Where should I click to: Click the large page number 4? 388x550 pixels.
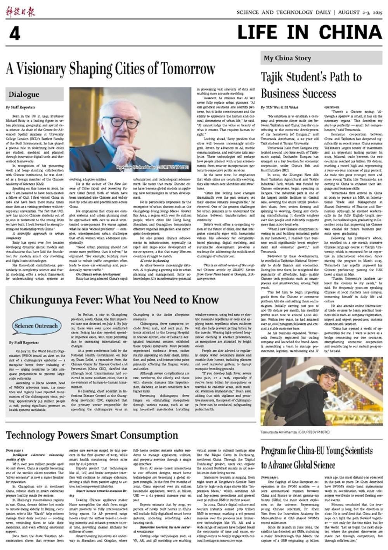point(14,34)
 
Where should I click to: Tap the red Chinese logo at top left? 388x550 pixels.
point(20,12)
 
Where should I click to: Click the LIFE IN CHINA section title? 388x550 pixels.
point(310,33)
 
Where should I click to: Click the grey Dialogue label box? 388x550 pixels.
point(35,94)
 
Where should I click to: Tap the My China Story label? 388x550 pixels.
point(287,58)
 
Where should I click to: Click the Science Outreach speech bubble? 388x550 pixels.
point(36,326)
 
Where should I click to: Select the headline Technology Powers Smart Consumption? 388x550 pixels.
point(92,435)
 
